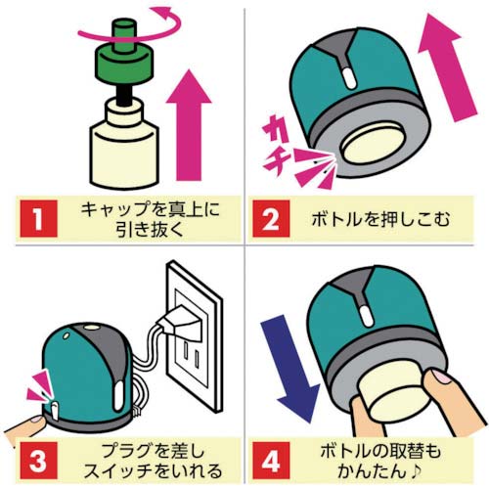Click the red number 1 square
point(38,219)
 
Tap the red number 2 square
point(271,219)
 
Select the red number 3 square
point(38,461)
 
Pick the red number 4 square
point(271,461)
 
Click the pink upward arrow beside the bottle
point(189,125)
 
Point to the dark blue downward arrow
point(290,369)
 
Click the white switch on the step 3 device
point(55,411)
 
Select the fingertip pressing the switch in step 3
point(34,422)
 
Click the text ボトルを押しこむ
point(380,219)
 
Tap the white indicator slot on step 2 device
point(350,77)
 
